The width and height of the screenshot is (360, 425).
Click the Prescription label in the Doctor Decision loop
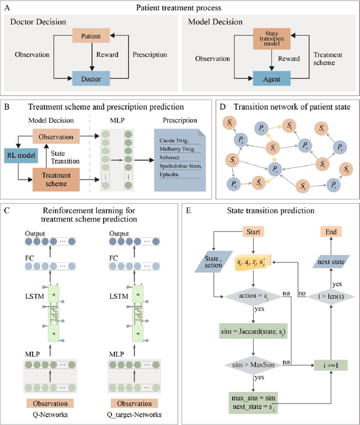(x=149, y=55)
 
